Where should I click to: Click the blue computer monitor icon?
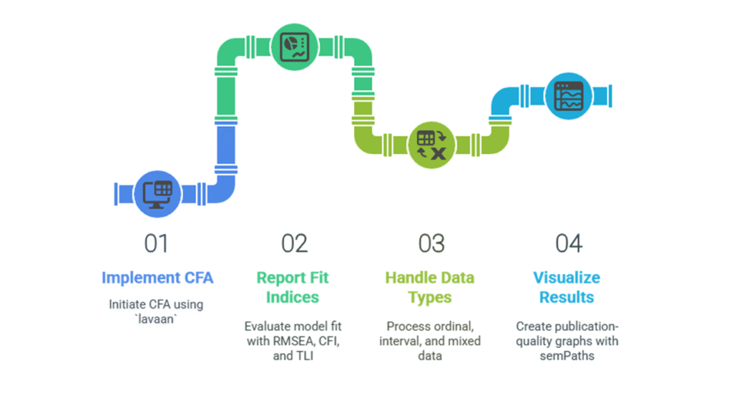[x=158, y=192]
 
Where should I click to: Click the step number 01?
[x=156, y=243]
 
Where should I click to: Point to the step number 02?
[x=294, y=243]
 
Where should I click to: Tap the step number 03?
[x=431, y=243]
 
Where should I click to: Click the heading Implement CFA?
[x=157, y=277]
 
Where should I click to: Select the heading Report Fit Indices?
[x=294, y=286]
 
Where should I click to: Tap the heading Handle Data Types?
[x=430, y=286]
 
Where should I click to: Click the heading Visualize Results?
[x=567, y=286]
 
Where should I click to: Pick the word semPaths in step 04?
[x=567, y=356]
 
